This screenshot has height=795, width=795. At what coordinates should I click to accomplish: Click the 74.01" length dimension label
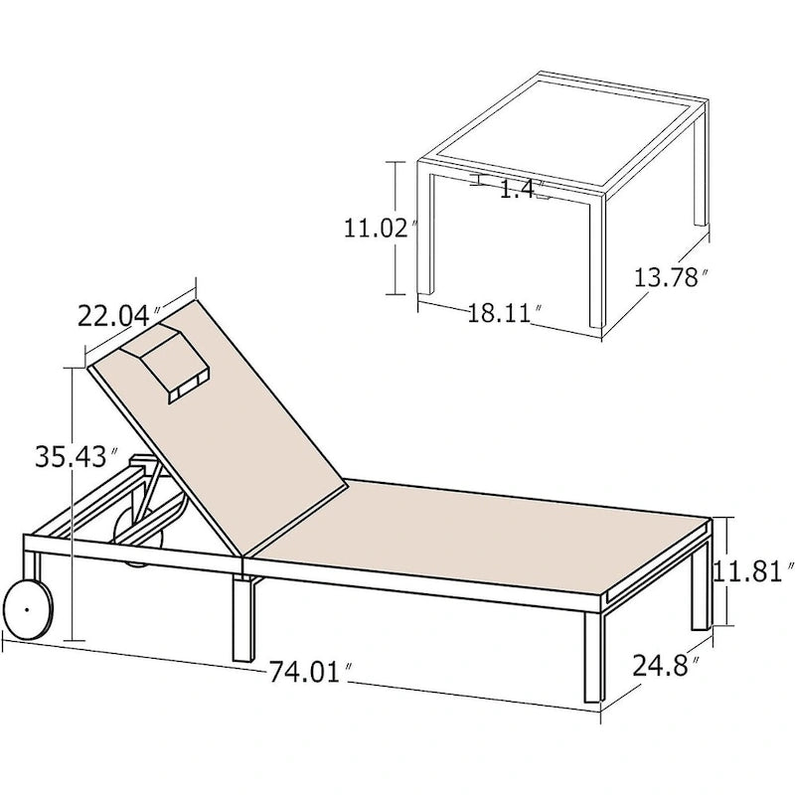(310, 673)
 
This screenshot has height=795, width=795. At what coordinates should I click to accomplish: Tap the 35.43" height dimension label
(78, 456)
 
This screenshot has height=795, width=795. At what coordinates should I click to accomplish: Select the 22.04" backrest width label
(119, 316)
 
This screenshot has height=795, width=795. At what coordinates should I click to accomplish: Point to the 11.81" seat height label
(753, 571)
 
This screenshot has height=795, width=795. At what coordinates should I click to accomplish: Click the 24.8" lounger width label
(666, 665)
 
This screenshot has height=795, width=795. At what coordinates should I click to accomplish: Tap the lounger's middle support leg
(244, 620)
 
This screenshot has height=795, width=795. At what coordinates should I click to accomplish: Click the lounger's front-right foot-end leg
(592, 657)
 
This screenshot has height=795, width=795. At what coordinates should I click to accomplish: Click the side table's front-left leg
(426, 235)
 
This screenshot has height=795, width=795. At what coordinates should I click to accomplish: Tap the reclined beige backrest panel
(217, 426)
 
